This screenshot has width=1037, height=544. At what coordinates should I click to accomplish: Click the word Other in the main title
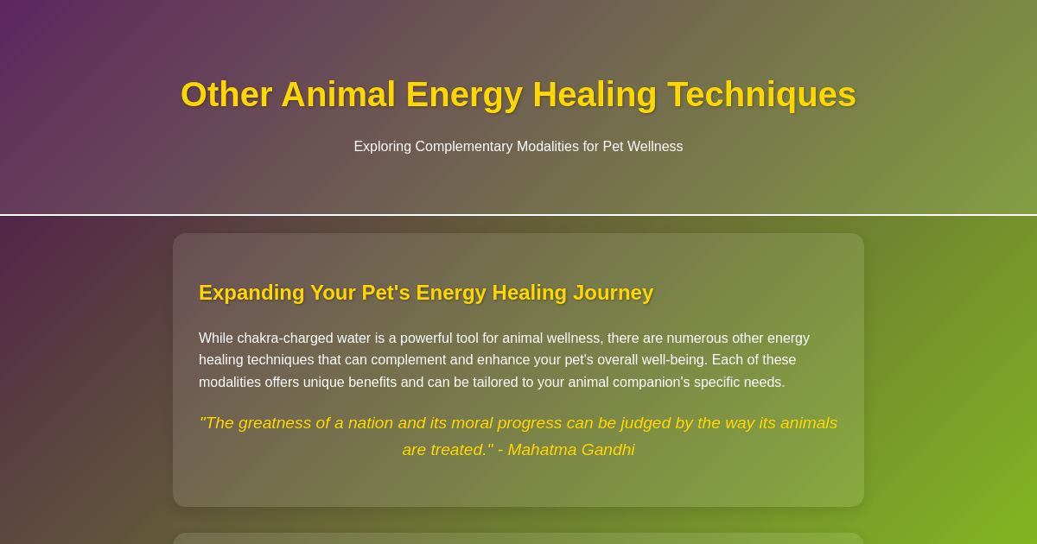tap(226, 95)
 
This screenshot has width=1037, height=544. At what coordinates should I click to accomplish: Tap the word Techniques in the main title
tap(761, 95)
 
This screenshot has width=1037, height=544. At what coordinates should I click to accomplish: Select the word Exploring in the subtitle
tap(382, 147)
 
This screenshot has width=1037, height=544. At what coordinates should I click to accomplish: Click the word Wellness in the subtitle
tap(654, 147)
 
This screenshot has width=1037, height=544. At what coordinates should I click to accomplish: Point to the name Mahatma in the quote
tap(541, 450)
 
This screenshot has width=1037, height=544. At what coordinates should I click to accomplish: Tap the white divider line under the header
tap(518, 215)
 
